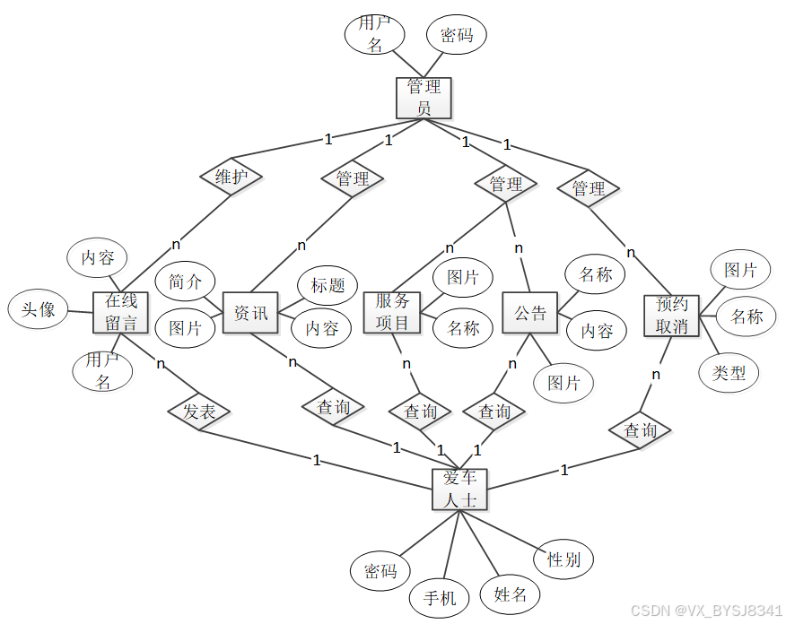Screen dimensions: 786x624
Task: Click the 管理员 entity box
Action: click(424, 98)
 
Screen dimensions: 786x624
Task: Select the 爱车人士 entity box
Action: click(459, 489)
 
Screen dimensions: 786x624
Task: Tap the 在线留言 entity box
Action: click(120, 312)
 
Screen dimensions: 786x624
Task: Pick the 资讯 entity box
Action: click(250, 313)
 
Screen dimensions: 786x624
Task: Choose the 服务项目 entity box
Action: click(392, 312)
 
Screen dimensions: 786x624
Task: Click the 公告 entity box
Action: click(530, 313)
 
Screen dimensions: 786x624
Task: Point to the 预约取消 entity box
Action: click(672, 315)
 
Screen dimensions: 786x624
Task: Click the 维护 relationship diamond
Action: click(231, 178)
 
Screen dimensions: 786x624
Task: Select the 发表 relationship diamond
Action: click(199, 412)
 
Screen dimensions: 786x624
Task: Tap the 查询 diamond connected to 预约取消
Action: click(640, 430)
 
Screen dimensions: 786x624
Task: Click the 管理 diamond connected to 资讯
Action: click(353, 178)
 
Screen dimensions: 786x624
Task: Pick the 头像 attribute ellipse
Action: click(39, 310)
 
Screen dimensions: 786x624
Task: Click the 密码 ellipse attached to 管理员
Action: click(456, 36)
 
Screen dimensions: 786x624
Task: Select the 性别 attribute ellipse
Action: click(563, 560)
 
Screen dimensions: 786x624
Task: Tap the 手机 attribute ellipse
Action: click(440, 597)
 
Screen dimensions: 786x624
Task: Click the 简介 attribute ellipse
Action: click(186, 282)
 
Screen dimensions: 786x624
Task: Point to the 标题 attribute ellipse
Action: click(327, 286)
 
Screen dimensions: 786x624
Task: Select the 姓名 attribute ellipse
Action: click(510, 594)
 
